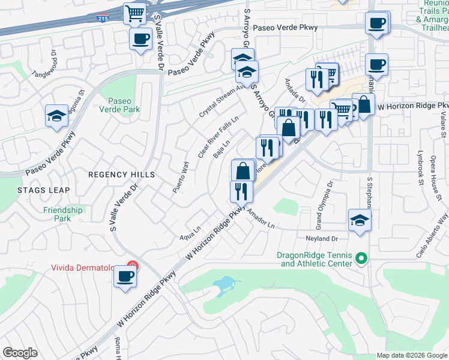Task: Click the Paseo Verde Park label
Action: pyautogui.click(x=124, y=105)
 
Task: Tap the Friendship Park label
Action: pyautogui.click(x=62, y=214)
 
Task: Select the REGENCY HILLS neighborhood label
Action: pyautogui.click(x=122, y=175)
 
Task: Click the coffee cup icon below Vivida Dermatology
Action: pyautogui.click(x=125, y=277)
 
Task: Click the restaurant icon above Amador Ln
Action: pyautogui.click(x=241, y=191)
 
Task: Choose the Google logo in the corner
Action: pyautogui.click(x=20, y=352)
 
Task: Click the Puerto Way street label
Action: pyautogui.click(x=181, y=177)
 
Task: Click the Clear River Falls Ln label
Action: pyautogui.click(x=218, y=139)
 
